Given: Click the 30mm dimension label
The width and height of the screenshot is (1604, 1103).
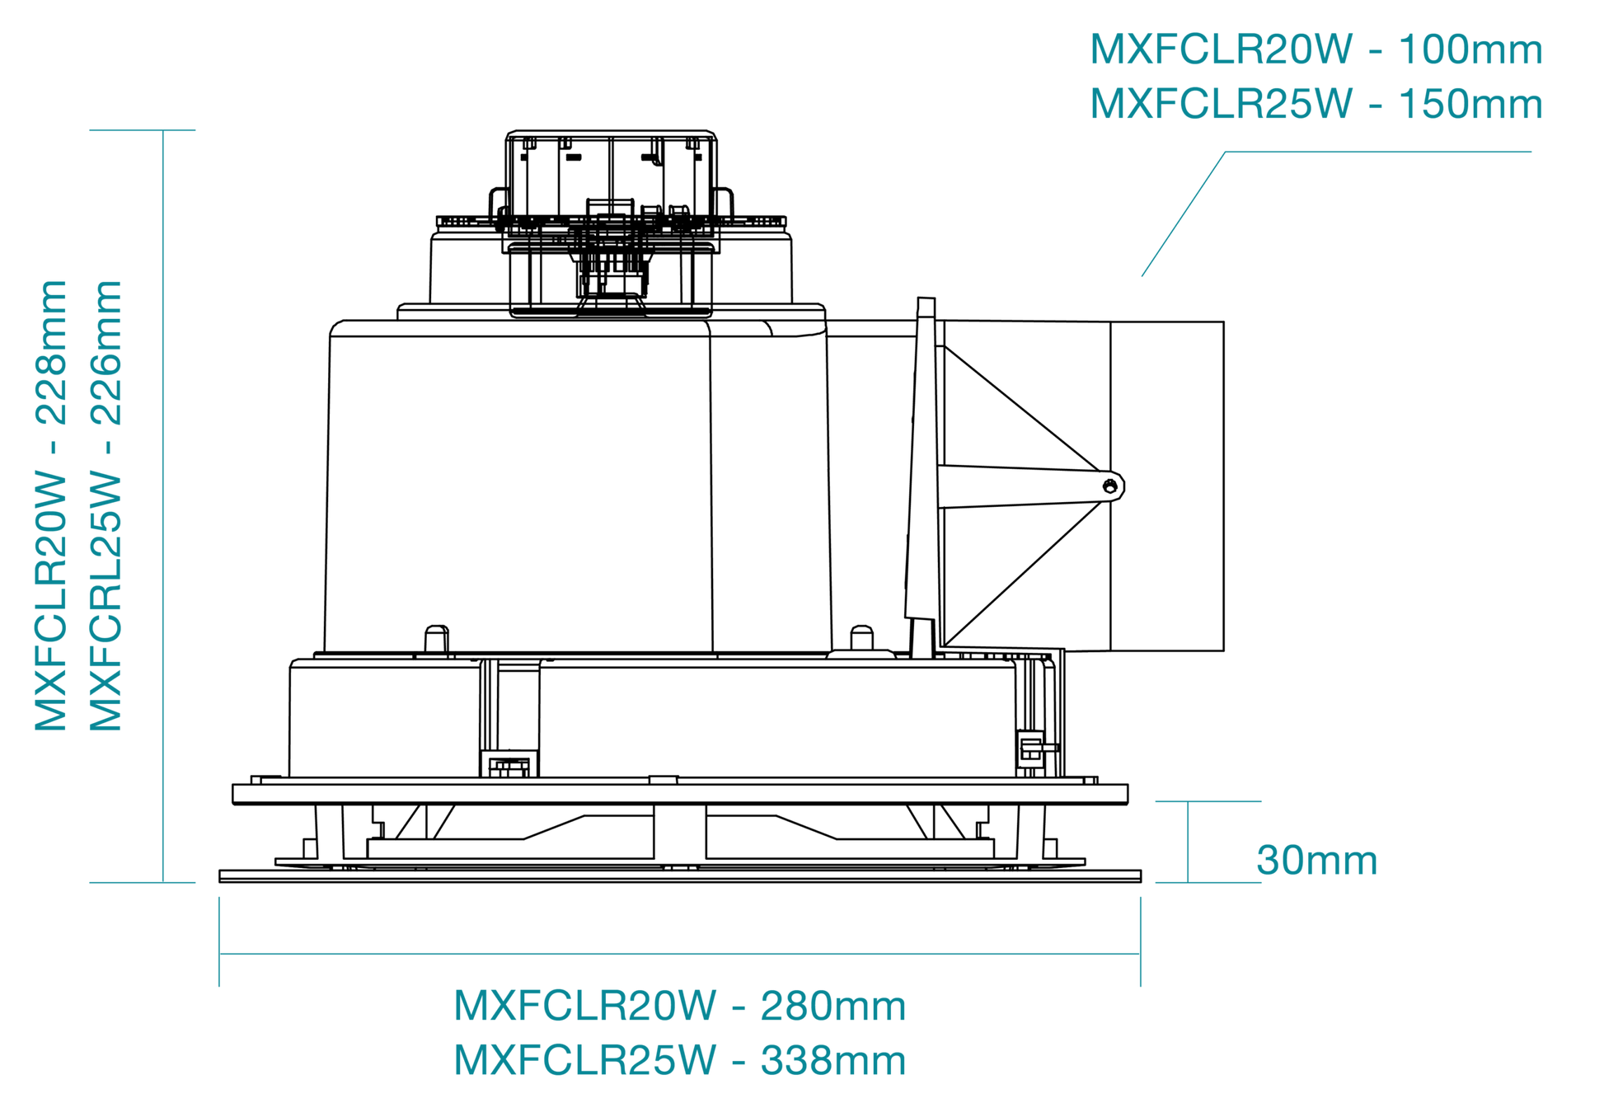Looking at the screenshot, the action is tap(1316, 861).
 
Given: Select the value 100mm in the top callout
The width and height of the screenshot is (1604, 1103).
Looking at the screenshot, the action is tap(1470, 49).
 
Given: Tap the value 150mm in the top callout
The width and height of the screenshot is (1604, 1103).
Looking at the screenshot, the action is tap(1470, 104).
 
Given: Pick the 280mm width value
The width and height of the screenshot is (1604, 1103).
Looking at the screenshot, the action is tap(833, 1006).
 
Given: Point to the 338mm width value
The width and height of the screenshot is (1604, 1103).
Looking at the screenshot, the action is tap(833, 1060).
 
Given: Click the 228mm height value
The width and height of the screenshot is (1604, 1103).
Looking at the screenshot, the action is tap(51, 352).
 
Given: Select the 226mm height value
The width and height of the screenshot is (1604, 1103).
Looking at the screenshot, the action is tap(106, 352).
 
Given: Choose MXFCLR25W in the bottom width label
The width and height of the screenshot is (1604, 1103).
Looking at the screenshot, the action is tap(585, 1060).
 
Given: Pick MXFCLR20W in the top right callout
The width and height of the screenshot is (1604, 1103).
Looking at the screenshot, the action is tap(1222, 49).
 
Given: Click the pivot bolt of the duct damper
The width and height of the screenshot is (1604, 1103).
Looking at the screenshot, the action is tap(1110, 486).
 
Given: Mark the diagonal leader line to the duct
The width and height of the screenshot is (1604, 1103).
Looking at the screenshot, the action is tap(1184, 214).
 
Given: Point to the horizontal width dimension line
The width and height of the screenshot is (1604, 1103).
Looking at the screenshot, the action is tap(680, 954).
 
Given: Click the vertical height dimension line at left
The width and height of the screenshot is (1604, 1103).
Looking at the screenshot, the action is tap(163, 506).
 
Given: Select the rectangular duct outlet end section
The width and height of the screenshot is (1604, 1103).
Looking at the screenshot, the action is tap(1167, 486).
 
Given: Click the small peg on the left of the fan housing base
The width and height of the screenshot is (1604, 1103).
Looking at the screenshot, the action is tap(437, 640).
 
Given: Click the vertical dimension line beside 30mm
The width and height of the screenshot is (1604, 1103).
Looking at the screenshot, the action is tap(1188, 842).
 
